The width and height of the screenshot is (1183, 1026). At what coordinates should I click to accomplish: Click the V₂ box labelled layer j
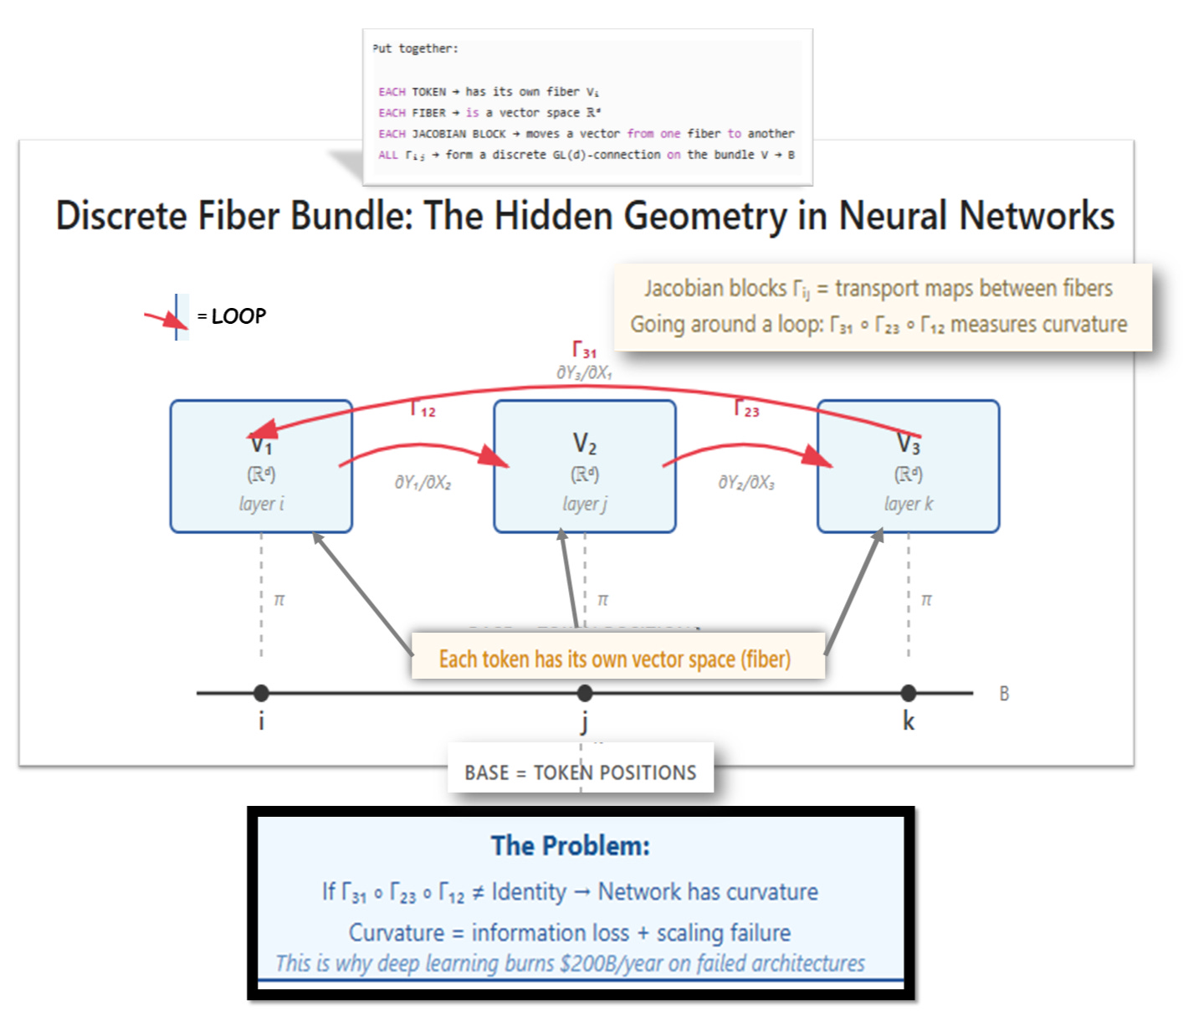pos(584,466)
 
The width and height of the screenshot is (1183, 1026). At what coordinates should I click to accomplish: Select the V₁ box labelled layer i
pos(261,466)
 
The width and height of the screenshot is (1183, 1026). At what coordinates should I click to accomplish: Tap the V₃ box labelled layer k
pos(908,466)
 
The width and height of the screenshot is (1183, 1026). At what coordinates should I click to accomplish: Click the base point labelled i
pos(261,693)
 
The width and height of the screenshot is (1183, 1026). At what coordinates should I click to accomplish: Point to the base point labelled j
pos(585,693)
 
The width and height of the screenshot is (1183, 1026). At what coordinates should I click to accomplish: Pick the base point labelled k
pos(909,693)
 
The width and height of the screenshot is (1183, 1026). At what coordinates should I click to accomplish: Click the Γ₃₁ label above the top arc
pos(584,350)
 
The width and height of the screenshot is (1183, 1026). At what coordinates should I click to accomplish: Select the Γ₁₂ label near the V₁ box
pos(422,408)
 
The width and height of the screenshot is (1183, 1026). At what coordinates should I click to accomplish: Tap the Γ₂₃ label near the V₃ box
pos(746,408)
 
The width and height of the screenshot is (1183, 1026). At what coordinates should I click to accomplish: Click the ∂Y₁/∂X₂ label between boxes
pos(422,483)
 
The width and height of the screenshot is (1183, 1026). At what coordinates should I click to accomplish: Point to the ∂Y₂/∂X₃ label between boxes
pos(746,483)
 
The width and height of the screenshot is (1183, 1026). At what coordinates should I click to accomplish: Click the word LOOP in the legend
pos(238,316)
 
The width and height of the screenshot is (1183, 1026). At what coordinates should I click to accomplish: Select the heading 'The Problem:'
pos(571,845)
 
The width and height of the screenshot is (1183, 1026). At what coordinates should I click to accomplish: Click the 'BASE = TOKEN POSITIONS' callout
pos(581,772)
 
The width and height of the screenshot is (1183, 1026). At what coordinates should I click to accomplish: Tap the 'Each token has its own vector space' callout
pos(615,659)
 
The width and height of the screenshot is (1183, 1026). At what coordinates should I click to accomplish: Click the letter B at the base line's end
pos(1004,694)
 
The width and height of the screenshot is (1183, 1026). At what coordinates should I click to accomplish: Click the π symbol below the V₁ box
pos(279,600)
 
